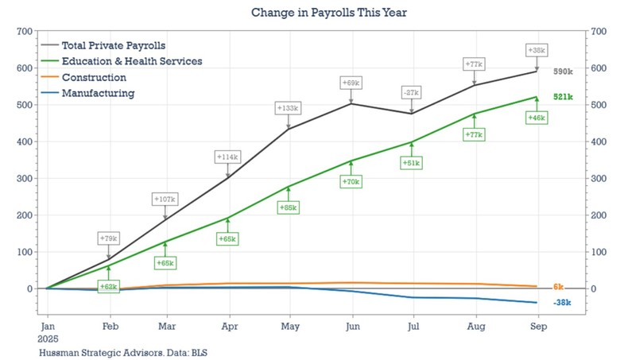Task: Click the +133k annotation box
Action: coord(288,107)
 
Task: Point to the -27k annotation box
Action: coord(412,92)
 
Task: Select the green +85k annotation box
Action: coord(288,207)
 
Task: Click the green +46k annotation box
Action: coord(537,118)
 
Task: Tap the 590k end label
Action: coord(563,72)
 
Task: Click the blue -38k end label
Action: coord(562,303)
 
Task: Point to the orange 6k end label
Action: coord(558,286)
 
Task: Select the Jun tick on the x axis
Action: coord(351,326)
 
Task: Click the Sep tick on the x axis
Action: coord(537,326)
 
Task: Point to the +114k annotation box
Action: coord(227,157)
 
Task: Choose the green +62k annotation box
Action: coord(109,285)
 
